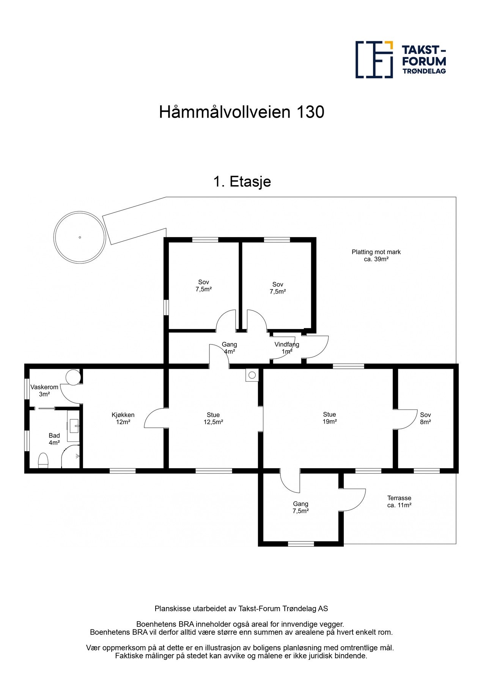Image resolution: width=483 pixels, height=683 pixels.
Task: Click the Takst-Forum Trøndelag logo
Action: coord(400,60)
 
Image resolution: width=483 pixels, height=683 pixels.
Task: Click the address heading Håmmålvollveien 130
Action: coord(241,112)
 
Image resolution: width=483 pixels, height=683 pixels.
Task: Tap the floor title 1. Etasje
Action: coord(242,182)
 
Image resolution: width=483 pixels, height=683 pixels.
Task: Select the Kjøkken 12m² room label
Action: coord(123,418)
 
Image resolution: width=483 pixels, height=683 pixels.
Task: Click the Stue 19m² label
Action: coord(329,418)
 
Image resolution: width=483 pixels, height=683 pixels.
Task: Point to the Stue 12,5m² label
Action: coord(213,418)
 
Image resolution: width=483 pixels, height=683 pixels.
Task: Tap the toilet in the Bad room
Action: coord(43,460)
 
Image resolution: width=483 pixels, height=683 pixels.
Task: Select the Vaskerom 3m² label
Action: coord(44,390)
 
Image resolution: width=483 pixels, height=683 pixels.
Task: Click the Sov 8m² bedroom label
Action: coord(425,418)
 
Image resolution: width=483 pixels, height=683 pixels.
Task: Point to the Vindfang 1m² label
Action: coord(287,348)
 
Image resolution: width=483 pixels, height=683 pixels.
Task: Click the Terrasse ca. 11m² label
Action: coord(399,501)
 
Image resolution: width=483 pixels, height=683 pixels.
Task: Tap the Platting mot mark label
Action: coord(376,255)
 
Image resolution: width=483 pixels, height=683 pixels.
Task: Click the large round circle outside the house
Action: coord(80,238)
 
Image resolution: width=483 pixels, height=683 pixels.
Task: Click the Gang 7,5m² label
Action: coord(300,507)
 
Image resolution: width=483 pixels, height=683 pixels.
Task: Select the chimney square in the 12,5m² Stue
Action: coord(252,375)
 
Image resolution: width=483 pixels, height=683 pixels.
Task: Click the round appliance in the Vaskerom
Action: coord(73,378)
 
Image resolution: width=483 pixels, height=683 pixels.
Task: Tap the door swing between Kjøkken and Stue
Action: coord(156,418)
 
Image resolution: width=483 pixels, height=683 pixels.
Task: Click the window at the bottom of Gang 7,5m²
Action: coord(301,544)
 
